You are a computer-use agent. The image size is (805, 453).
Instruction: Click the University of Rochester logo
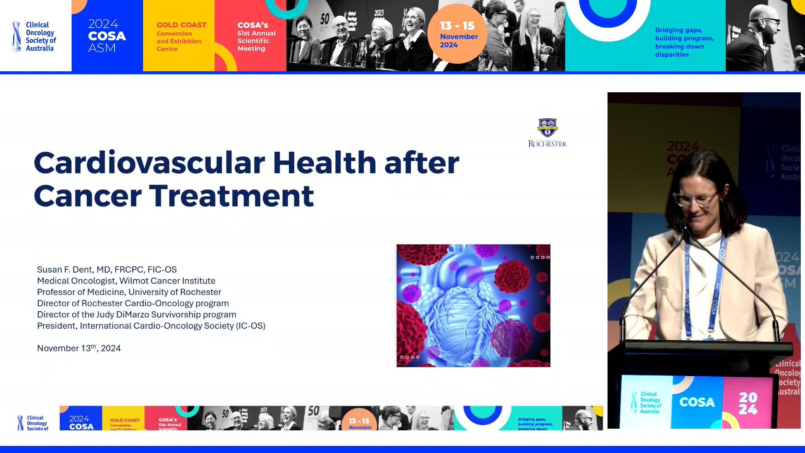(x=547, y=133)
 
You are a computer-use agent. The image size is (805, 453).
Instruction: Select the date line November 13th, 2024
(x=79, y=348)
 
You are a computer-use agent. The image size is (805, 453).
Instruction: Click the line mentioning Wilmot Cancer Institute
(x=126, y=281)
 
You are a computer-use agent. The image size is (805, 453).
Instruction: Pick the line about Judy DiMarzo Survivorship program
(x=136, y=315)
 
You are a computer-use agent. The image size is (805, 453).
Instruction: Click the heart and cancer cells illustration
(x=473, y=305)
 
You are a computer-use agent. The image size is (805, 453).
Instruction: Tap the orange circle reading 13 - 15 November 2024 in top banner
(x=457, y=34)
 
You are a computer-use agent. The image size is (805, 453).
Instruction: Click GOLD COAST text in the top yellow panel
(x=181, y=25)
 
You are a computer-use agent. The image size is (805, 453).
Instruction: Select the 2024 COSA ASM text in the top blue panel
(x=106, y=36)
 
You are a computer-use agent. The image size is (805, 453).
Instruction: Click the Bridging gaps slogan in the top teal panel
(x=684, y=42)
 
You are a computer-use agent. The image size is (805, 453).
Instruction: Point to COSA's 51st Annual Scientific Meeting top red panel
(x=256, y=37)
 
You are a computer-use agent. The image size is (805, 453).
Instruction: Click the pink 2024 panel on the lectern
(x=748, y=403)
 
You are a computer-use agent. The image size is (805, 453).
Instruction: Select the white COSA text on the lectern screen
(x=697, y=402)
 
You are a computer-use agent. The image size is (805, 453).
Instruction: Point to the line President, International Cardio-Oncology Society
(x=151, y=326)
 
